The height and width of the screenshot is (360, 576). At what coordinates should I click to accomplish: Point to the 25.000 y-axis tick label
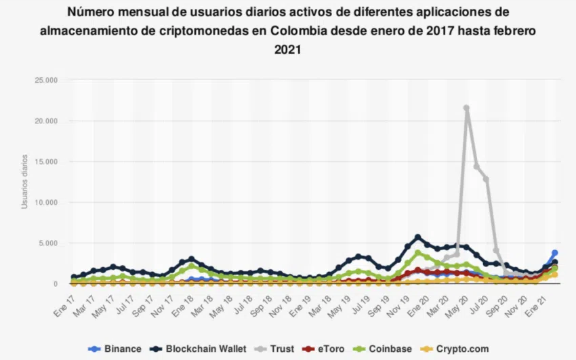click(45, 81)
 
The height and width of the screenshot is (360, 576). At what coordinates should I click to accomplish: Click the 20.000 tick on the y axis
click(45, 121)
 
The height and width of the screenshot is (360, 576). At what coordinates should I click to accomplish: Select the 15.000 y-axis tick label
click(45, 162)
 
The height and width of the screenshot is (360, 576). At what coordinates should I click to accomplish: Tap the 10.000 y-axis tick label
click(45, 203)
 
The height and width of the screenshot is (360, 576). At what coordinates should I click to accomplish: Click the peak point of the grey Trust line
click(466, 108)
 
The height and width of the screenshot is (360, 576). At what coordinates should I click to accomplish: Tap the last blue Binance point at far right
click(555, 253)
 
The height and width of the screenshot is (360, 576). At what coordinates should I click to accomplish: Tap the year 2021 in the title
click(288, 49)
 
